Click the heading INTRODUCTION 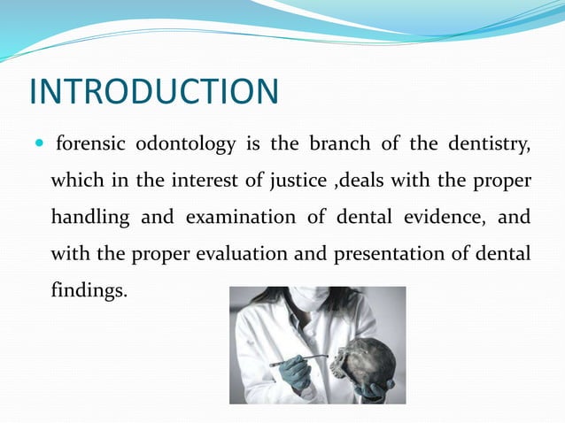pyautogui.click(x=153, y=91)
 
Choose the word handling pyautogui.click(x=90, y=217)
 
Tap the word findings pyautogui.click(x=89, y=290)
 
